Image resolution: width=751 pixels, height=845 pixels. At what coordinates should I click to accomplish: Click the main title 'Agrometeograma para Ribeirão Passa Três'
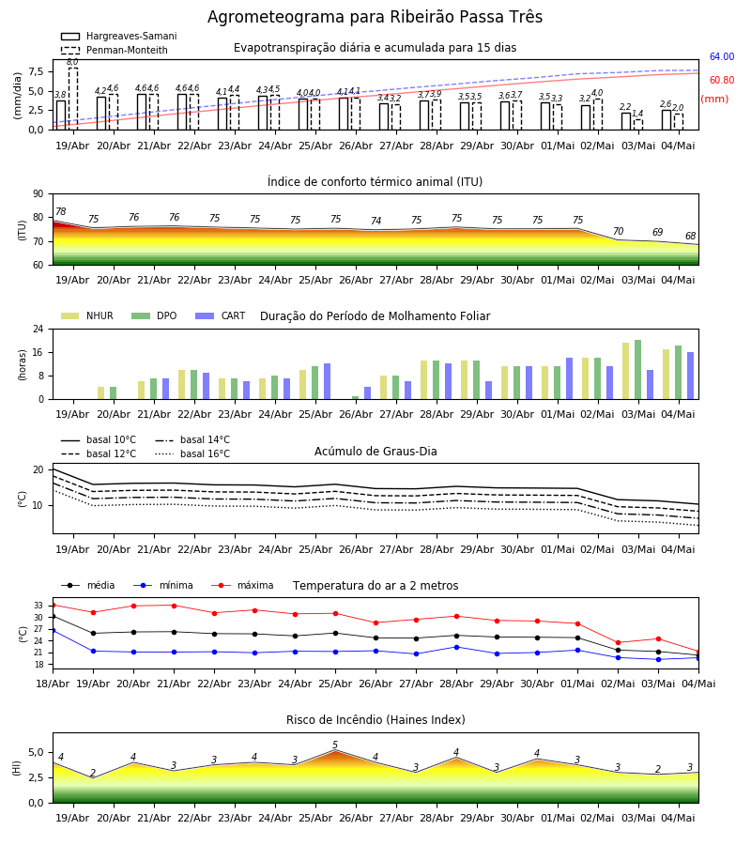pos(375,17)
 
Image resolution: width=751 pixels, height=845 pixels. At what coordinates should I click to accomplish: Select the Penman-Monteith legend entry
pos(115,50)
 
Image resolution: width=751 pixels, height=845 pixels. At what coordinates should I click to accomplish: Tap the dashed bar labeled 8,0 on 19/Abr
pos(72,99)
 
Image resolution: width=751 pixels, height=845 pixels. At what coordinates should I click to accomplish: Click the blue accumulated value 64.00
pos(721,56)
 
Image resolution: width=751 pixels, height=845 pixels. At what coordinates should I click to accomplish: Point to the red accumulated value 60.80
pos(721,81)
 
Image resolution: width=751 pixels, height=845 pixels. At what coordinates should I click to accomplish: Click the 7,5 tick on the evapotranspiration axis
pos(37,72)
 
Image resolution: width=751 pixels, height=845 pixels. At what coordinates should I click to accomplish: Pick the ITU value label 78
pos(61,212)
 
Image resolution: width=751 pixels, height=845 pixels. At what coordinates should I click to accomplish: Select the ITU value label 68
pos(690,236)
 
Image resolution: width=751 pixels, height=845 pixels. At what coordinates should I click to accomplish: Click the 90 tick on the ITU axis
pos(38,194)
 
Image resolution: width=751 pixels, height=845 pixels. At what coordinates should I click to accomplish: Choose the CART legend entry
pos(220,315)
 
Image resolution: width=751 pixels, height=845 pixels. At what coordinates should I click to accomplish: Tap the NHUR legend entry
pos(87,315)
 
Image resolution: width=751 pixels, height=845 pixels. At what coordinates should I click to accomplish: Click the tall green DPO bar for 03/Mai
pos(637,370)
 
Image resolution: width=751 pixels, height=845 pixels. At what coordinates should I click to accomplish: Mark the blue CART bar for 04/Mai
pos(690,376)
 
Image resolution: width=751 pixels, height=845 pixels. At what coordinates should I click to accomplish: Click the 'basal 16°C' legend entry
pos(192,453)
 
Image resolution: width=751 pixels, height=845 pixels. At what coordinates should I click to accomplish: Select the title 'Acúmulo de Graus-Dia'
pos(375,452)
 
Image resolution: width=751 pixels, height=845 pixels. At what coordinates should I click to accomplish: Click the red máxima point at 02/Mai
pos(618,642)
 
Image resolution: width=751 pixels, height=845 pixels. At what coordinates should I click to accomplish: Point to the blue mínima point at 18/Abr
pos(53,630)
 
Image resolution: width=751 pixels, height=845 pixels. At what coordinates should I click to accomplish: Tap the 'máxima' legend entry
pos(242,585)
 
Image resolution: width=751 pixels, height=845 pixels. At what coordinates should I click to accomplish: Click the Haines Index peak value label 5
pos(335,745)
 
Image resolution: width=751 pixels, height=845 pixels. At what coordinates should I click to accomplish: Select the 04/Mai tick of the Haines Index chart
pos(679,818)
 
